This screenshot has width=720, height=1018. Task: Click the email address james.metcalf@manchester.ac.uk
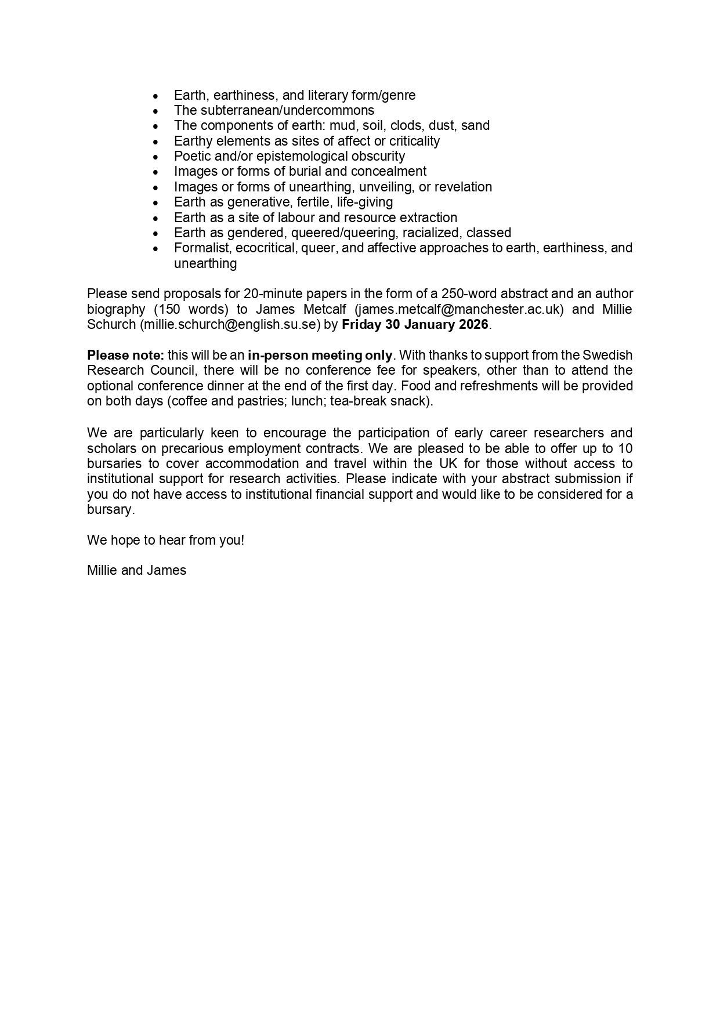pyautogui.click(x=459, y=309)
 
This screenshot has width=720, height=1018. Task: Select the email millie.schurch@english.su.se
pyautogui.click(x=230, y=324)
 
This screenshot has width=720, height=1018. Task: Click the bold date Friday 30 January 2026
pyautogui.click(x=415, y=324)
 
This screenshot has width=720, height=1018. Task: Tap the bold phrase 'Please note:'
pyautogui.click(x=125, y=355)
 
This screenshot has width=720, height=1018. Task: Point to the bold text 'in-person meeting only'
pyautogui.click(x=320, y=355)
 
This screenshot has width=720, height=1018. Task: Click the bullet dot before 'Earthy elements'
pyautogui.click(x=155, y=142)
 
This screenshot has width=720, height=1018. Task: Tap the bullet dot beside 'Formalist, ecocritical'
pyautogui.click(x=155, y=248)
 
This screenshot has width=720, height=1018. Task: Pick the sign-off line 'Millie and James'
pyautogui.click(x=136, y=570)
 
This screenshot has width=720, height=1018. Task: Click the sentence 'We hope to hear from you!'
pyautogui.click(x=165, y=540)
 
